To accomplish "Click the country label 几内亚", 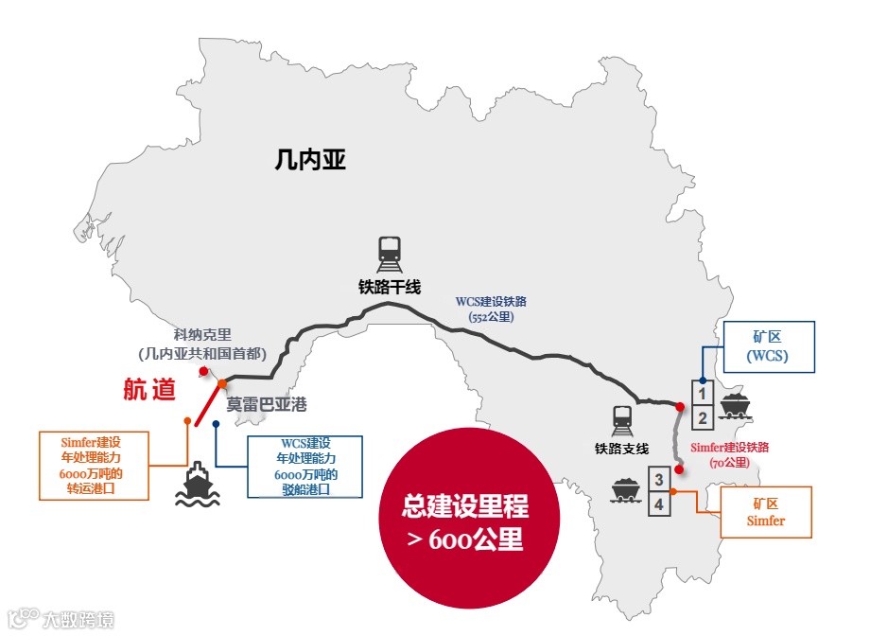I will (309, 159).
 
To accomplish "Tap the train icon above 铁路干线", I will (389, 252).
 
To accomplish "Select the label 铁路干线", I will (389, 287).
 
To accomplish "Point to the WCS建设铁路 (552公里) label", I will (491, 309).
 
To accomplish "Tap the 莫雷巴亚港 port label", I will (267, 404).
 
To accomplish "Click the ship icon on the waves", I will (196, 484).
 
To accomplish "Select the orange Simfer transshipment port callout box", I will (93, 466).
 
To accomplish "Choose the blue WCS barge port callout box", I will (304, 467).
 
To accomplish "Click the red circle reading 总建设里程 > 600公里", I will (466, 521).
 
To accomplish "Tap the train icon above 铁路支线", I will (621, 417).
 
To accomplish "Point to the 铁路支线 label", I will (621, 449).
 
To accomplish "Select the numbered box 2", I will (702, 417).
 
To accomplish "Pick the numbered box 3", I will (659, 480).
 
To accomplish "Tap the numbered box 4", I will (659, 503).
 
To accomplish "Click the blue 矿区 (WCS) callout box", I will (767, 345).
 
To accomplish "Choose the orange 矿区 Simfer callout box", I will (766, 512).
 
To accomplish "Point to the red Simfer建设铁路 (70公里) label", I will (729, 454).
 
